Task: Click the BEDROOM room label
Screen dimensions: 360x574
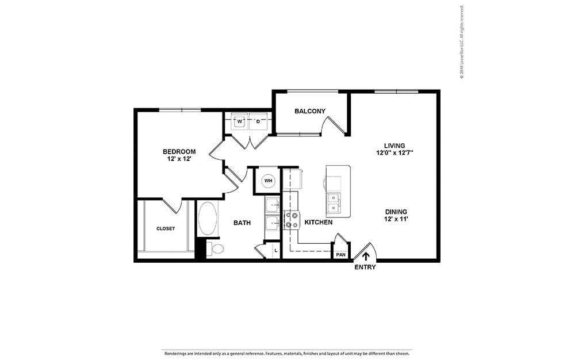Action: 179,151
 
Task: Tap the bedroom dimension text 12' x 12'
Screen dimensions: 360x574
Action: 179,159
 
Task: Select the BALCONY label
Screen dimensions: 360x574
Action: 310,111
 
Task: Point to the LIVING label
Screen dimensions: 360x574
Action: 395,145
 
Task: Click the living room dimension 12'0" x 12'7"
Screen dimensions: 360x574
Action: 395,154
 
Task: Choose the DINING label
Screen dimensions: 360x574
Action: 397,210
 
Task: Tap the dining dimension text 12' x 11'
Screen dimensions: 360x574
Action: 397,219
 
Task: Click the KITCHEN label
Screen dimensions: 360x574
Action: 318,222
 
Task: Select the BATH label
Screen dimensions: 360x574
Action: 242,223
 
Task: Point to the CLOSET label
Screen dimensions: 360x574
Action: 166,228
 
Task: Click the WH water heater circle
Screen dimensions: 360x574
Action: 267,181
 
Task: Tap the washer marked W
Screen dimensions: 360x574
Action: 239,121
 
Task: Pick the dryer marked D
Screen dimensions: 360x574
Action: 258,121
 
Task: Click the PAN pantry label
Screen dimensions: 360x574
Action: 340,254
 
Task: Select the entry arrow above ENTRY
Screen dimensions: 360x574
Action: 365,256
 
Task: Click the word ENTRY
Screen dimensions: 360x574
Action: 365,267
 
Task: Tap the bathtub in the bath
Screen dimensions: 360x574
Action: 208,219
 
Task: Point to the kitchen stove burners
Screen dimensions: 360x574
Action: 292,220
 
